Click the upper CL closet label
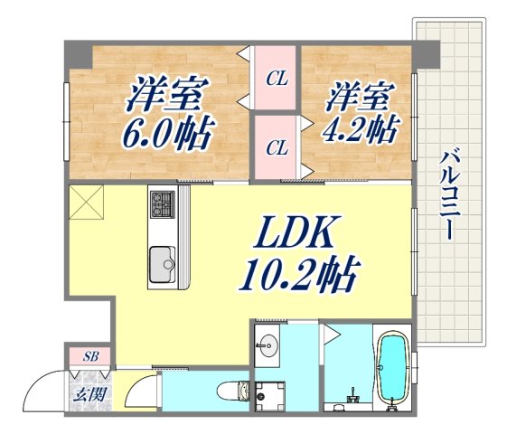pos(276,79)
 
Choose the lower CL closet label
pos(276,146)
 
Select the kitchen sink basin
pos(164,263)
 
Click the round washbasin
pos(266,343)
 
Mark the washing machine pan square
pos(270,394)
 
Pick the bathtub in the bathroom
pos(393,370)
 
